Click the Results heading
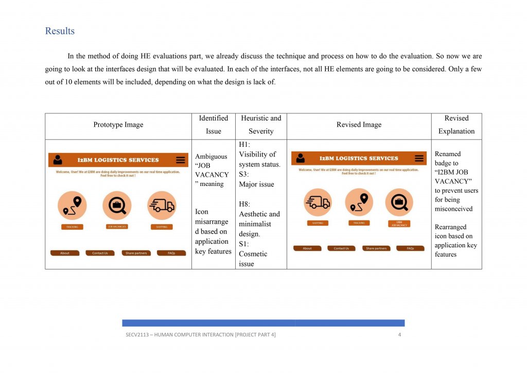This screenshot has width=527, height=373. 60,31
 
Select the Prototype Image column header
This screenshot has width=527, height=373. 118,125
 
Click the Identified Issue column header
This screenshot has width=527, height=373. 214,125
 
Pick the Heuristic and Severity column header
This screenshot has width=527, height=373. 261,125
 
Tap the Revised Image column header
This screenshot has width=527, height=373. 359,125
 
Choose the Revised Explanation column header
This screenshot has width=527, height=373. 456,125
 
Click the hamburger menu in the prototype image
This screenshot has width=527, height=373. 180,160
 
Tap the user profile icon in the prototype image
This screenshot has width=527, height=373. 58,160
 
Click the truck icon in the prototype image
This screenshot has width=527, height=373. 162,206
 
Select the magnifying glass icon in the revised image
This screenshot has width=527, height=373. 399,202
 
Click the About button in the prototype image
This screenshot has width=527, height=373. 65,253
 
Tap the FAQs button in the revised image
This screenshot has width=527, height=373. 410,248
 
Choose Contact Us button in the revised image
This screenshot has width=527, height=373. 341,248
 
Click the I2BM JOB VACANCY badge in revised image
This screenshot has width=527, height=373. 399,224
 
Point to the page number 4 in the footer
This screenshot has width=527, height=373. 399,335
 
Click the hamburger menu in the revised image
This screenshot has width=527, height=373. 419,158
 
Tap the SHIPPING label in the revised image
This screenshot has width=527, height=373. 318,223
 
